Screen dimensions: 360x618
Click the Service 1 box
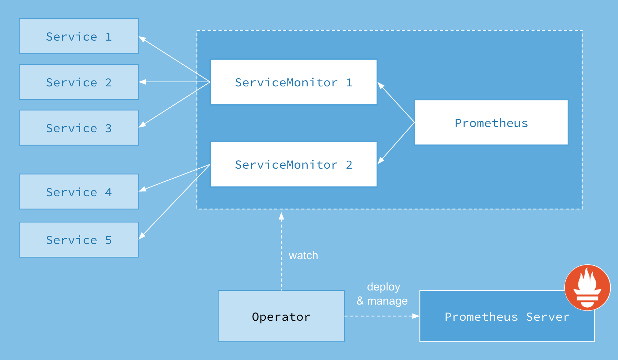[78, 36]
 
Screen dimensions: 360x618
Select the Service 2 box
[78, 82]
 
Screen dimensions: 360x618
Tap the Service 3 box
[78, 128]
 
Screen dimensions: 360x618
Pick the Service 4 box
[78, 192]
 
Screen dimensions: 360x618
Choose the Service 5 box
[78, 240]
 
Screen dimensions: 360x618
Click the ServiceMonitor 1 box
[294, 82]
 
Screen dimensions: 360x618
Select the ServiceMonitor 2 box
[294, 164]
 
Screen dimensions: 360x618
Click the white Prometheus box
[491, 123]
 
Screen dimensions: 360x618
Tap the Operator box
[281, 316]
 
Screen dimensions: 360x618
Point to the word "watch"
[303, 255]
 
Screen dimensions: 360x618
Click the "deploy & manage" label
[383, 294]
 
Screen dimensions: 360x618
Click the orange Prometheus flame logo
[587, 287]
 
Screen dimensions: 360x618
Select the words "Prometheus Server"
[507, 317]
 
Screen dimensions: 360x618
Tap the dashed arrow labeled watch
[281, 251]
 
